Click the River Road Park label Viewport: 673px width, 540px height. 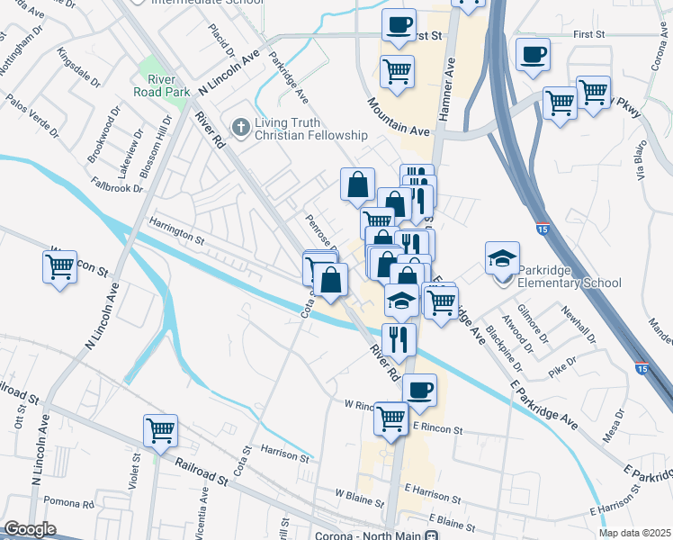(x=161, y=85)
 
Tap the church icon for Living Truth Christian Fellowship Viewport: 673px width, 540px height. (x=240, y=127)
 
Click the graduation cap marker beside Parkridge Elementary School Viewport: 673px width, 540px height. (x=502, y=260)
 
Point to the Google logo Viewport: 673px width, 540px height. (x=30, y=529)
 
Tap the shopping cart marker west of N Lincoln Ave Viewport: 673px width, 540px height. (x=59, y=267)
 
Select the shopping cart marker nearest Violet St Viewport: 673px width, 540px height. (x=160, y=430)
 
